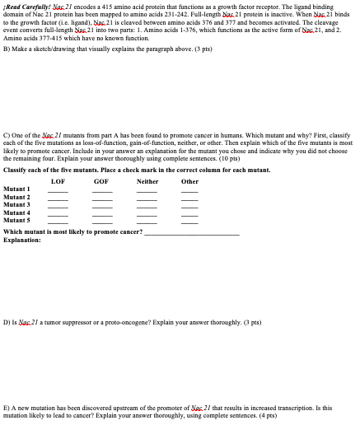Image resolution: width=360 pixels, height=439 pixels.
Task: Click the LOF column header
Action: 58,180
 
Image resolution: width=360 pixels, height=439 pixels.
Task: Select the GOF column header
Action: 101,180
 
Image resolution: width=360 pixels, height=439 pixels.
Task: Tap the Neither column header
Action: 147,180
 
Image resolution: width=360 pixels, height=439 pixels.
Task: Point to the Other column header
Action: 189,180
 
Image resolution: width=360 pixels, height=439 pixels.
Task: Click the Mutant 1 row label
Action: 17,189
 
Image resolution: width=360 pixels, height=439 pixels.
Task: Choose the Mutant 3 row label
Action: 17,205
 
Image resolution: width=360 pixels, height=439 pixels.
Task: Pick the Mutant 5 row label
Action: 17,220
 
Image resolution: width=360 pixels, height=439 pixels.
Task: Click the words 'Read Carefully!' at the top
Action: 24,6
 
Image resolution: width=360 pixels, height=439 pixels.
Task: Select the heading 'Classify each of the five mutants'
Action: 58,170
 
